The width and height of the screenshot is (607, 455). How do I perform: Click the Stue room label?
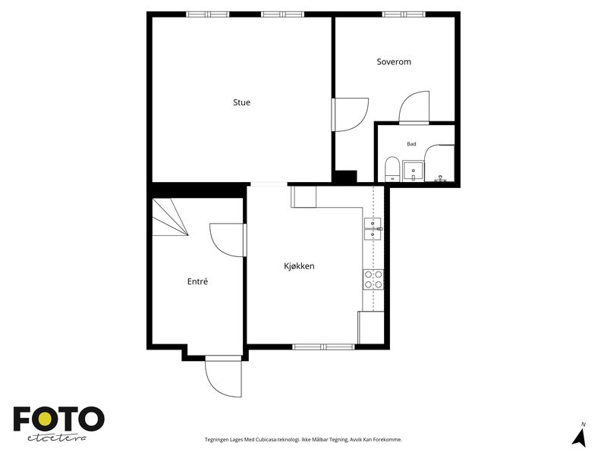pyautogui.click(x=241, y=102)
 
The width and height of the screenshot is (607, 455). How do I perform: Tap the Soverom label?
pyautogui.click(x=394, y=62)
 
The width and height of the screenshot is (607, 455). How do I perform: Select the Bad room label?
pyautogui.click(x=411, y=144)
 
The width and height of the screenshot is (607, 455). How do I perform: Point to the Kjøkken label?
pyautogui.click(x=299, y=266)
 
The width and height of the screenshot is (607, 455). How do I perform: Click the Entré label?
pyautogui.click(x=197, y=281)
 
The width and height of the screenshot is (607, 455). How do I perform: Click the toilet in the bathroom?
pyautogui.click(x=392, y=168)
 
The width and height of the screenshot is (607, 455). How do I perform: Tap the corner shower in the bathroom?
pyautogui.click(x=439, y=163)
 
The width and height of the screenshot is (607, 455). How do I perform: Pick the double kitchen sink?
pyautogui.click(x=373, y=229)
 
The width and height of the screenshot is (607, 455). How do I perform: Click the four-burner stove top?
pyautogui.click(x=373, y=279)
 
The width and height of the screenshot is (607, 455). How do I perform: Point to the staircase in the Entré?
pyautogui.click(x=170, y=217)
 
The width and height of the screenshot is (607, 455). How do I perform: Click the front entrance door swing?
pyautogui.click(x=223, y=376)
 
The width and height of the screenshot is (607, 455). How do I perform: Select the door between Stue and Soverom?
pyautogui.click(x=350, y=115)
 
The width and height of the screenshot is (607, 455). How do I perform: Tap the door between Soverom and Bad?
pyautogui.click(x=414, y=107)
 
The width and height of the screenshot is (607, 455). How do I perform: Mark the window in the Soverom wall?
pyautogui.click(x=404, y=14)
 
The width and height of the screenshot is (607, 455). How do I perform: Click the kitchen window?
pyautogui.click(x=323, y=347)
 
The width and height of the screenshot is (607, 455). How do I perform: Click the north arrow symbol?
pyautogui.click(x=580, y=435)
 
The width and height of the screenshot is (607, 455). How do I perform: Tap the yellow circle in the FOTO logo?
pyautogui.click(x=45, y=419)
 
